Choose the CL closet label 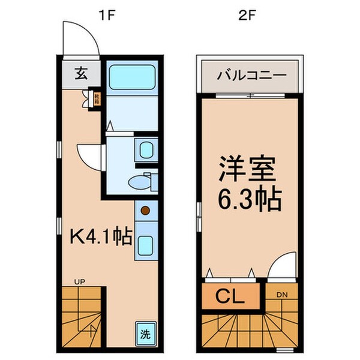pos(230,297)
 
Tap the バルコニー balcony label pos(248,76)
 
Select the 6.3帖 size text pos(248,200)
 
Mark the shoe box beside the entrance pos(95,97)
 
